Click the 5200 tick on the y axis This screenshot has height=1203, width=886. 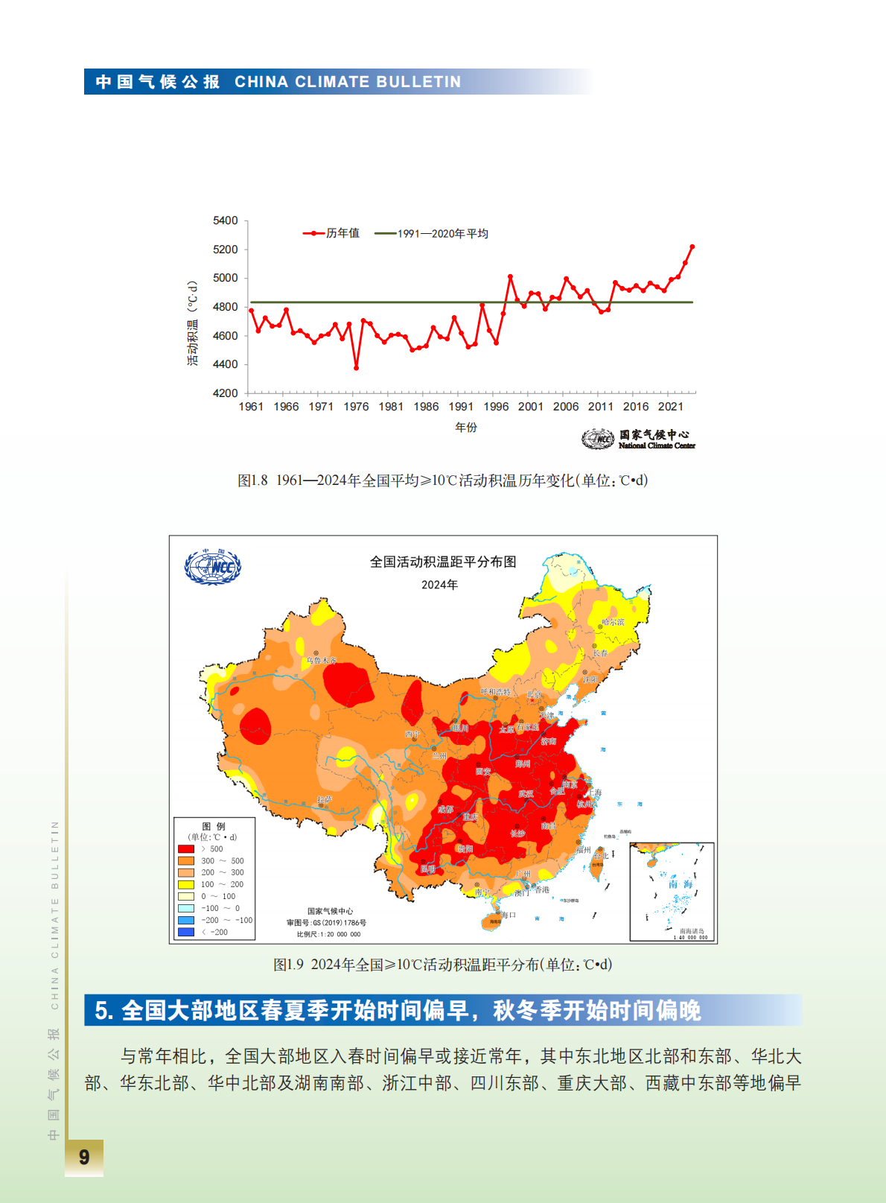tap(225, 250)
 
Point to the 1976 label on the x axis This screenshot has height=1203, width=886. tap(356, 407)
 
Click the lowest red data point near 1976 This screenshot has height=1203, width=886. tap(356, 368)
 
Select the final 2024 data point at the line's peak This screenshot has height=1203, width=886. tap(692, 247)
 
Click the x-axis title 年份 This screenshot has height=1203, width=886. tap(466, 428)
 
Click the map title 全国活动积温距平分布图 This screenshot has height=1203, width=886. tap(443, 562)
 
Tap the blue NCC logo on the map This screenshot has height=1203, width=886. tap(212, 567)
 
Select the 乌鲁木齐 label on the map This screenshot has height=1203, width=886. tap(321, 660)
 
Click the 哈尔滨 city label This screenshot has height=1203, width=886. tap(613, 622)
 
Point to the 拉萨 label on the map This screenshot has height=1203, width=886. tap(324, 800)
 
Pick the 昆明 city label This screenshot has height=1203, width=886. tap(427, 869)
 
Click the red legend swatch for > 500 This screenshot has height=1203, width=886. tap(186, 849)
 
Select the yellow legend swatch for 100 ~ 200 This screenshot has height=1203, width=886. tap(186, 885)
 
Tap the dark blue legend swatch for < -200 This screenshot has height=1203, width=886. tap(186, 932)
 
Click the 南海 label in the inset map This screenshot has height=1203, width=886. tap(680, 884)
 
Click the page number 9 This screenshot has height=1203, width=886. tap(84, 1157)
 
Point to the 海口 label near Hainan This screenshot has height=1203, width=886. tap(508, 915)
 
